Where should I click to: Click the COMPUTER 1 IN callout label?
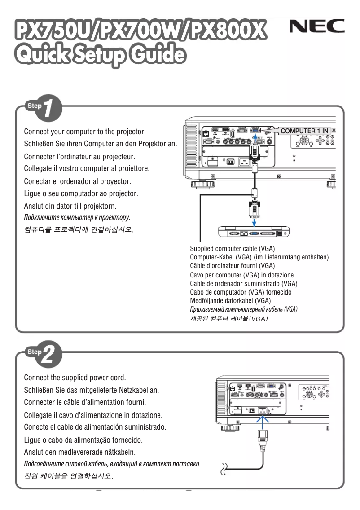click(305, 131)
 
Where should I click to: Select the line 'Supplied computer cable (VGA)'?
click(233, 248)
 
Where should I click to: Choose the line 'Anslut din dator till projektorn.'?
click(70, 206)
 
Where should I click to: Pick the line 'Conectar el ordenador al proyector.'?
click(77, 182)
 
